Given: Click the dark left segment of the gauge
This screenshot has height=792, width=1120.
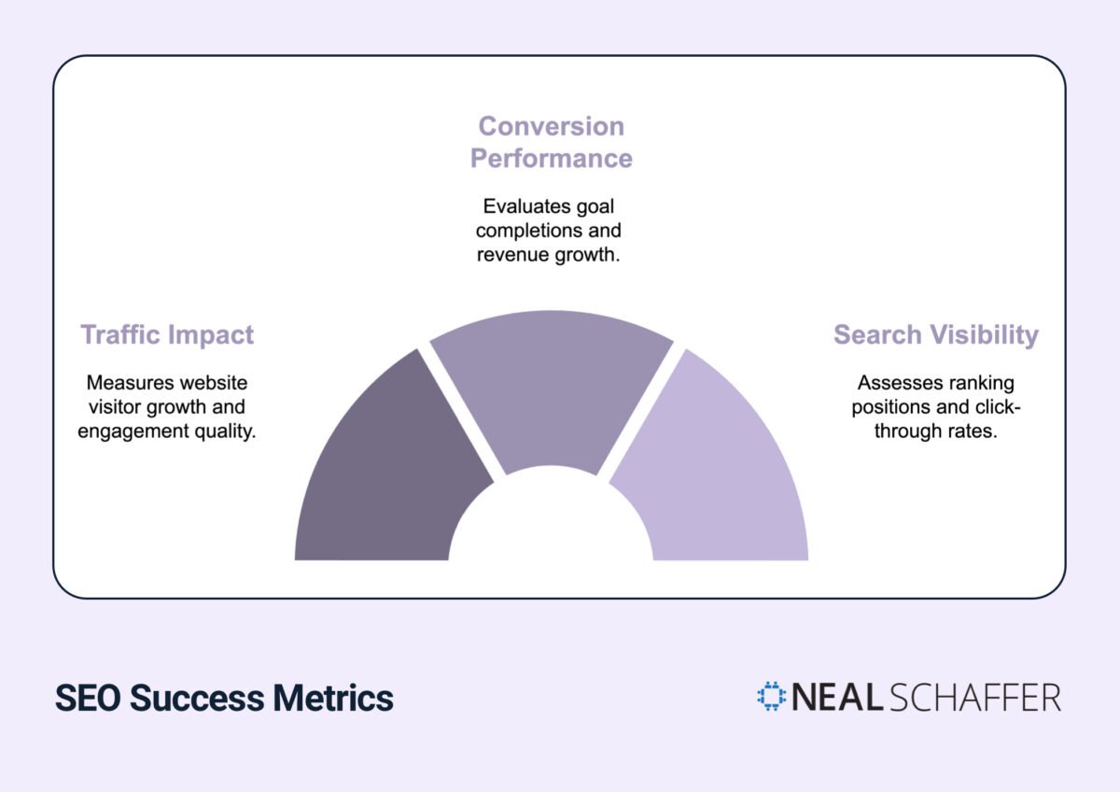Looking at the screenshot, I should click(x=383, y=467).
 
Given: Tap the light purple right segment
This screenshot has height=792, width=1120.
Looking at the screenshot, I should click(x=719, y=467).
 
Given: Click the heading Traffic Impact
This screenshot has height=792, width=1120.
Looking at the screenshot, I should click(x=167, y=334).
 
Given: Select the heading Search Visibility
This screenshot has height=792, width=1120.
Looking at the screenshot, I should click(x=935, y=334).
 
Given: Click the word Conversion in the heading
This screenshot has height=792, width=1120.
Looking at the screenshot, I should click(x=551, y=126).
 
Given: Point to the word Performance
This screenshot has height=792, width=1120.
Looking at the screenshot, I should click(x=551, y=158).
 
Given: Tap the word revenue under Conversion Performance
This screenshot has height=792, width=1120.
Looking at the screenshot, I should click(x=511, y=255).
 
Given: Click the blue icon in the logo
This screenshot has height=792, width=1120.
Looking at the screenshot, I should click(x=772, y=697).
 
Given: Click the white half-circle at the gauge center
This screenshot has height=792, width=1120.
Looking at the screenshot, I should click(x=551, y=523).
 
